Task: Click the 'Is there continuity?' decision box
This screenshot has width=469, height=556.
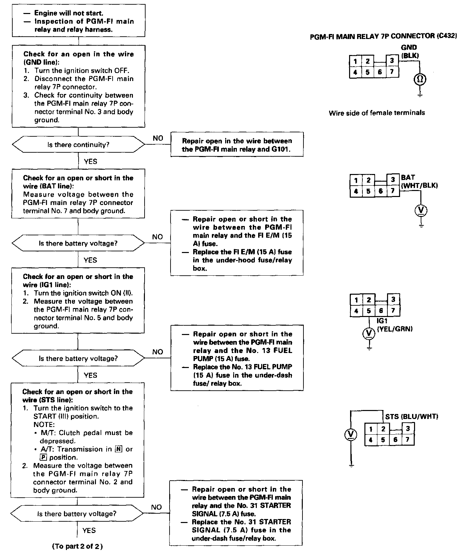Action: pyautogui.click(x=78, y=145)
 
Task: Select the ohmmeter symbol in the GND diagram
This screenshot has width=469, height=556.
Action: pyautogui.click(x=420, y=79)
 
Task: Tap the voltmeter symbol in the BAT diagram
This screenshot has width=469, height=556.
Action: pyautogui.click(x=421, y=210)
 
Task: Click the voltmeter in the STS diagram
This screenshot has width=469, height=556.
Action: pyautogui.click(x=351, y=434)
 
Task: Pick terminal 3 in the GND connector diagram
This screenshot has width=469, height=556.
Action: pyautogui.click(x=392, y=61)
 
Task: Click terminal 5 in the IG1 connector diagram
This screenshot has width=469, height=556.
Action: pyautogui.click(x=369, y=311)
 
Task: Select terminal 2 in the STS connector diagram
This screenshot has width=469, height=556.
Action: pyautogui.click(x=383, y=429)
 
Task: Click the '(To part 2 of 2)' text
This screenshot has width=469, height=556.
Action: pyautogui.click(x=77, y=546)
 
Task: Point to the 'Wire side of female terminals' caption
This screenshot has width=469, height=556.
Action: pyautogui.click(x=377, y=113)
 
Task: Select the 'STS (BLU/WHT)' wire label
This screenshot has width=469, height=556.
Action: pyautogui.click(x=412, y=417)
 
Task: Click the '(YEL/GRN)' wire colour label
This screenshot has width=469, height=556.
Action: pyautogui.click(x=395, y=329)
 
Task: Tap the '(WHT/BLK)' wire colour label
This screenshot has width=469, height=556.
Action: pyautogui.click(x=419, y=186)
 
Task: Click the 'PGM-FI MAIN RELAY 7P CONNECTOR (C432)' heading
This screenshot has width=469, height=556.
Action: pyautogui.click(x=383, y=36)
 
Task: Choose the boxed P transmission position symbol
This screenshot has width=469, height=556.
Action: pyautogui.click(x=43, y=457)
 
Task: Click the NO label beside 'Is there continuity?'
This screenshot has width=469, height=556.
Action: pyautogui.click(x=158, y=138)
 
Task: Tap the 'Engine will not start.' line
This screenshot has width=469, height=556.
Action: pyautogui.click(x=69, y=13)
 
